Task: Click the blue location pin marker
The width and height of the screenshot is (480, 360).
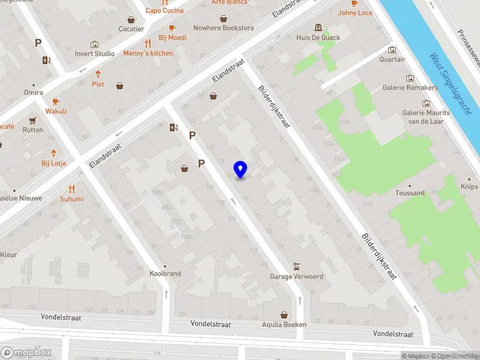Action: (241, 170)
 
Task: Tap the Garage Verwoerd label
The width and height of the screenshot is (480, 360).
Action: (296, 277)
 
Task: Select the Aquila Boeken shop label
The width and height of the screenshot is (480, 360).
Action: (284, 325)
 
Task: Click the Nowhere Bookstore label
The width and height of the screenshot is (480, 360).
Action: (223, 28)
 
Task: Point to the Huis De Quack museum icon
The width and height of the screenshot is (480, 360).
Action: (318, 28)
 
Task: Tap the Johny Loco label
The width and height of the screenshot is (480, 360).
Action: (355, 13)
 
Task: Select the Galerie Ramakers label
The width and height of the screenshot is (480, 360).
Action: (410, 88)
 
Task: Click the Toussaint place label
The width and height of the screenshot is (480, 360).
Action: (410, 193)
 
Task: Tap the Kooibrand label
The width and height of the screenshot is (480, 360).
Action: (165, 274)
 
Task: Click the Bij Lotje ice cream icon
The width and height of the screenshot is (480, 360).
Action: (53, 153)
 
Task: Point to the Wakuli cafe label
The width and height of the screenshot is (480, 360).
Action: (55, 111)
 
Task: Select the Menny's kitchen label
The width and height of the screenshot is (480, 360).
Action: (148, 53)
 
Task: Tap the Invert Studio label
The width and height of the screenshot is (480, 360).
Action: (95, 53)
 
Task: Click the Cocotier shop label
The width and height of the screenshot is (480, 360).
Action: (131, 29)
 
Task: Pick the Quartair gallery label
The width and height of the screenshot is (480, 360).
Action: (392, 59)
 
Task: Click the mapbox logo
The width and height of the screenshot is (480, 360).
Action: (26, 353)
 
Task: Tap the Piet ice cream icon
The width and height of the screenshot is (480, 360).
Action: (98, 74)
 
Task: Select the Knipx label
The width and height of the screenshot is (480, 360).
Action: (469, 187)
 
